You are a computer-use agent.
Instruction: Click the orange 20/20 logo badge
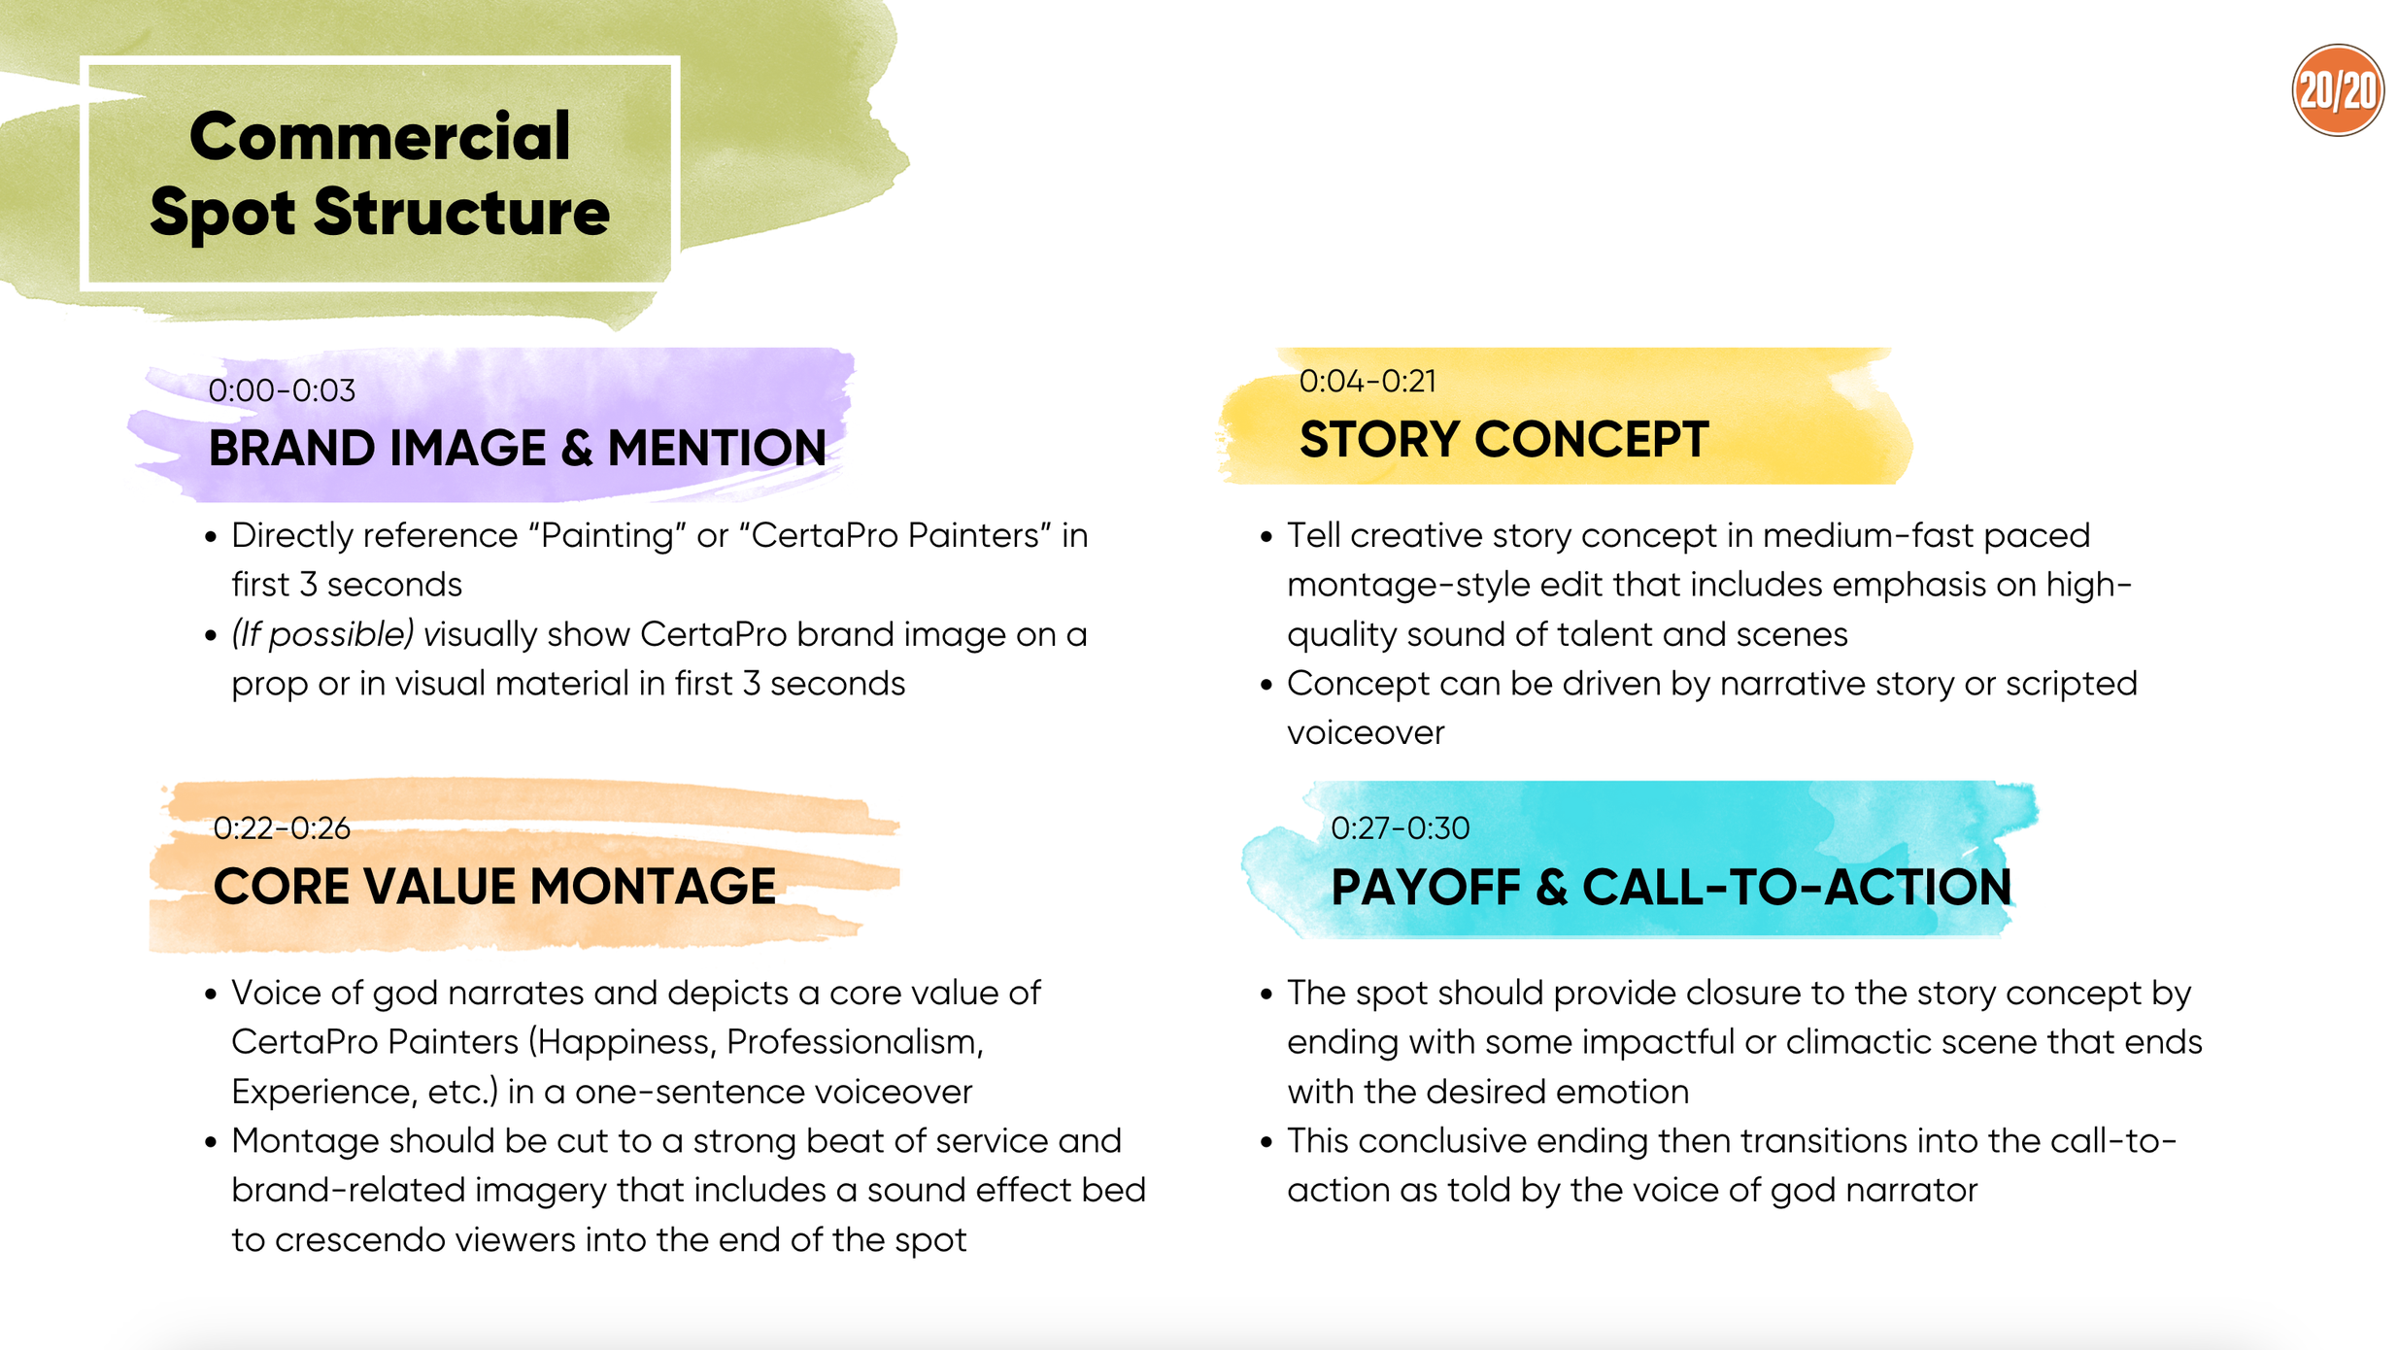pos(2337,90)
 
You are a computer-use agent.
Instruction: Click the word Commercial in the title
pos(379,136)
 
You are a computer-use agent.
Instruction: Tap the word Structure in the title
pos(461,212)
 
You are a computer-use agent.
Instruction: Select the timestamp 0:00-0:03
pos(282,390)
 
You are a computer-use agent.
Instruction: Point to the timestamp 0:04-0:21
pos(1368,381)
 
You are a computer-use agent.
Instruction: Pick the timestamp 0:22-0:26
pos(282,827)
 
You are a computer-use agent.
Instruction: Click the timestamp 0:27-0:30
pos(1400,827)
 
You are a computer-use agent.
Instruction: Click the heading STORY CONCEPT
pos(1503,439)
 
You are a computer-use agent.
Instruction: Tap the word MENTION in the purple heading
pos(717,448)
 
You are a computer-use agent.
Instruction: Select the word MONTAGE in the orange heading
pos(653,886)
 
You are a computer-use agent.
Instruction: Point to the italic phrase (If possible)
pos(322,634)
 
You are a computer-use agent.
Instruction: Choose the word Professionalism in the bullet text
pos(855,1041)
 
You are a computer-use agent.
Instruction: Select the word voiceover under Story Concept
pos(1366,732)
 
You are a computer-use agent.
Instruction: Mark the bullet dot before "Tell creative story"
pos(1266,536)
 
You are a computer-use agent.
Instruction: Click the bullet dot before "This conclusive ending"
pos(1266,1142)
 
